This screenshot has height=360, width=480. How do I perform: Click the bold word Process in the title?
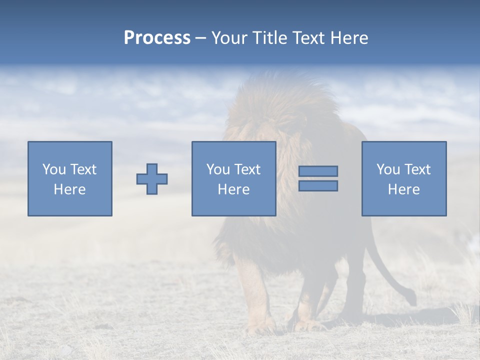[157, 38]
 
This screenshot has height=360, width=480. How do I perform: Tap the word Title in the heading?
[268, 38]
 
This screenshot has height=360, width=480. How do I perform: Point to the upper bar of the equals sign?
[318, 171]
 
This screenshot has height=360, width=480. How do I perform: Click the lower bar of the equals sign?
[318, 185]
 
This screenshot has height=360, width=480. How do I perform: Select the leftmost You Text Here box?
[70, 178]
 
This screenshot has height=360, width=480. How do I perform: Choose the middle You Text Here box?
[233, 178]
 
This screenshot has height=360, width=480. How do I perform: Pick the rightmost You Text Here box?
[403, 178]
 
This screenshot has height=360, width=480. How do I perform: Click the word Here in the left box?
[70, 189]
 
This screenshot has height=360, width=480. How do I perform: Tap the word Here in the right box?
[403, 189]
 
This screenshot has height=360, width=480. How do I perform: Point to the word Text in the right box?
[416, 169]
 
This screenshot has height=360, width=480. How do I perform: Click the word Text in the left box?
[83, 169]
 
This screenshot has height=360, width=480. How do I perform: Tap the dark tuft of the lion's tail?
[411, 298]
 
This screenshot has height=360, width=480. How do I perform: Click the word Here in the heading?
[348, 38]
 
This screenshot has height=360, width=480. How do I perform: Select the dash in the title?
[200, 38]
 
